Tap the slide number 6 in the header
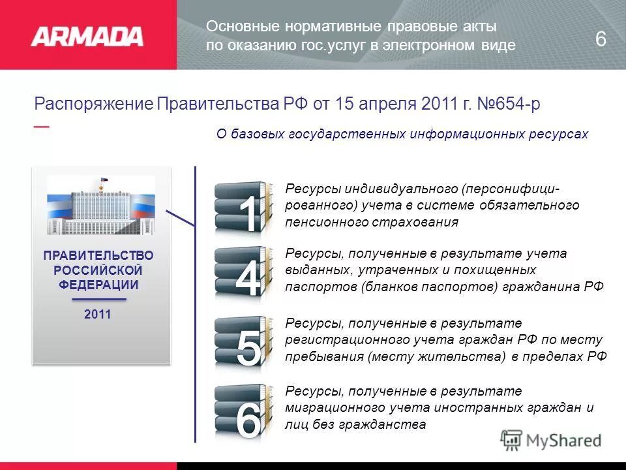pyautogui.click(x=601, y=40)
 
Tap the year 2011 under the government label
pyautogui.click(x=98, y=315)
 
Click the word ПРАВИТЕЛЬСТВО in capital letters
pyautogui.click(x=98, y=255)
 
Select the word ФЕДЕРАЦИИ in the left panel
pyautogui.click(x=98, y=285)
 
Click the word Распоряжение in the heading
pyautogui.click(x=94, y=105)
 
